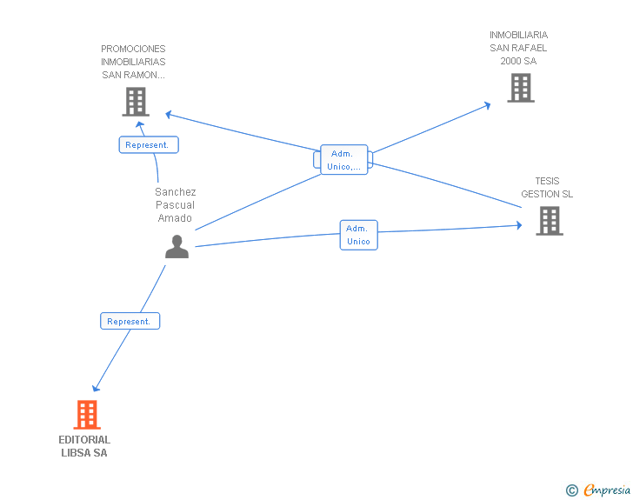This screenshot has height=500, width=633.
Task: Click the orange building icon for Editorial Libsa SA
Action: click(87, 415)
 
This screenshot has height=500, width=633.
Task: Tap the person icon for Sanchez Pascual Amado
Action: click(177, 246)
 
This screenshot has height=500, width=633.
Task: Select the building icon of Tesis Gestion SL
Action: click(550, 221)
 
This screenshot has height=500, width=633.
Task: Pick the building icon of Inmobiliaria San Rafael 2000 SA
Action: click(521, 88)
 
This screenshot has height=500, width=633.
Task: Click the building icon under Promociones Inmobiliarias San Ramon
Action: click(136, 102)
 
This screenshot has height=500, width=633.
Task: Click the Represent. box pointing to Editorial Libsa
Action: click(130, 321)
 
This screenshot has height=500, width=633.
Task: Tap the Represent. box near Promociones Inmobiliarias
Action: click(149, 144)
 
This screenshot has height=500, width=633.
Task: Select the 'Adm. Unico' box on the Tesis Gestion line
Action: click(358, 235)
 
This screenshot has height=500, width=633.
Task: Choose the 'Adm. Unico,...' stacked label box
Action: click(343, 159)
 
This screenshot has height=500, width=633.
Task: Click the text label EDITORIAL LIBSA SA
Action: click(84, 446)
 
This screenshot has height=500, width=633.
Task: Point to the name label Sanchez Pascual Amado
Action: click(176, 204)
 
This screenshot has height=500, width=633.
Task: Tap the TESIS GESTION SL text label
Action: click(547, 188)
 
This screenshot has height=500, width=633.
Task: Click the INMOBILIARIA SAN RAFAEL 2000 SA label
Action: click(519, 48)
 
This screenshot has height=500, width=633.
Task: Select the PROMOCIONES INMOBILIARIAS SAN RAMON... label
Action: click(133, 62)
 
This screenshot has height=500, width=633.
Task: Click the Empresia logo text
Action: click(607, 490)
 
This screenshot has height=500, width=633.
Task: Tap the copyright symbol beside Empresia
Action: click(571, 490)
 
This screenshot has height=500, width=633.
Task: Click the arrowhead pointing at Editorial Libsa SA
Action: click(96, 388)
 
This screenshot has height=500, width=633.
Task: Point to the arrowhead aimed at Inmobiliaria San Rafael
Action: click(487, 105)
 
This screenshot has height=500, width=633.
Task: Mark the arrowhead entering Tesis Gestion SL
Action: click(519, 225)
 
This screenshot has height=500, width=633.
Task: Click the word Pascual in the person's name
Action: click(176, 204)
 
